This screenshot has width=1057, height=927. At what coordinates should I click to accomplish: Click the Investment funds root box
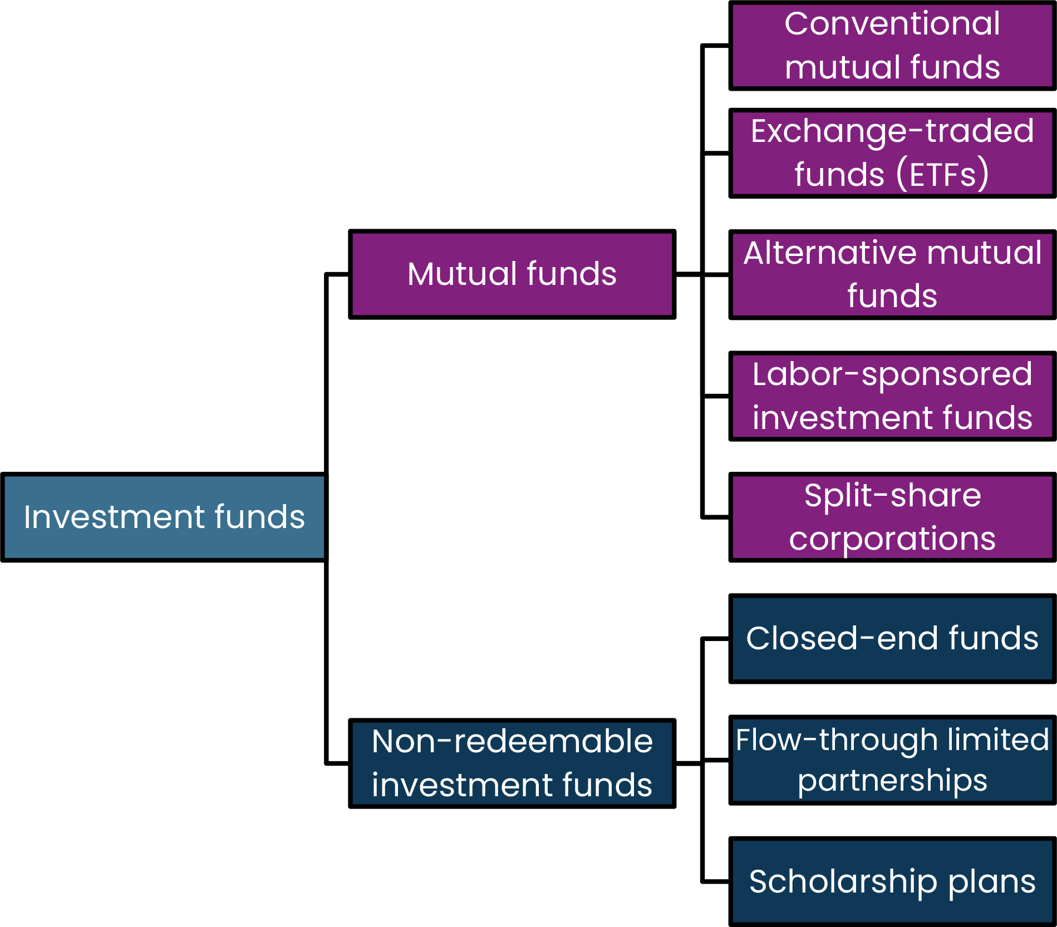(x=164, y=517)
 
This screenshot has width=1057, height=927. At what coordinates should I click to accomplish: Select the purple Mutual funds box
(x=512, y=274)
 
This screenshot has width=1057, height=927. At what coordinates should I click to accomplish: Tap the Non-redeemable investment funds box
(x=512, y=763)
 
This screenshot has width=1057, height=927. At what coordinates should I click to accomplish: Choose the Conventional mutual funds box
(x=892, y=46)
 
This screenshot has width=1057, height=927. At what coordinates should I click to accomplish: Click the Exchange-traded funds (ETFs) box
(x=892, y=153)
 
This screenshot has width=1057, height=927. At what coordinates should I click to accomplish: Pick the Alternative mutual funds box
(x=892, y=274)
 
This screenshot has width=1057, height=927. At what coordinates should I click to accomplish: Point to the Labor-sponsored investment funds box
(x=892, y=396)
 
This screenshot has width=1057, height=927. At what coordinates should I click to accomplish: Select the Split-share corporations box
(x=892, y=517)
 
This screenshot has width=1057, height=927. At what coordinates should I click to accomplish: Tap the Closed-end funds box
(x=892, y=639)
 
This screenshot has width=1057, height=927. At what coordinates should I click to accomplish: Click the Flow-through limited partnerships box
(x=892, y=760)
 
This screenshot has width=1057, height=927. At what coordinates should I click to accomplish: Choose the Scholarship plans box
(x=892, y=882)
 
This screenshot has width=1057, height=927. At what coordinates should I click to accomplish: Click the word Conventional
(x=892, y=24)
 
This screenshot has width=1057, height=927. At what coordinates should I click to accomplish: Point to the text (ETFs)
(x=942, y=175)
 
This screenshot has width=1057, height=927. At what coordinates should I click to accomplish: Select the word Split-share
(x=892, y=496)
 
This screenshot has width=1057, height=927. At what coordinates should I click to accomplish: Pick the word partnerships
(x=892, y=781)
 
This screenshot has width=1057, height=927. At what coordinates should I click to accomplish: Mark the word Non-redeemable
(x=512, y=742)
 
